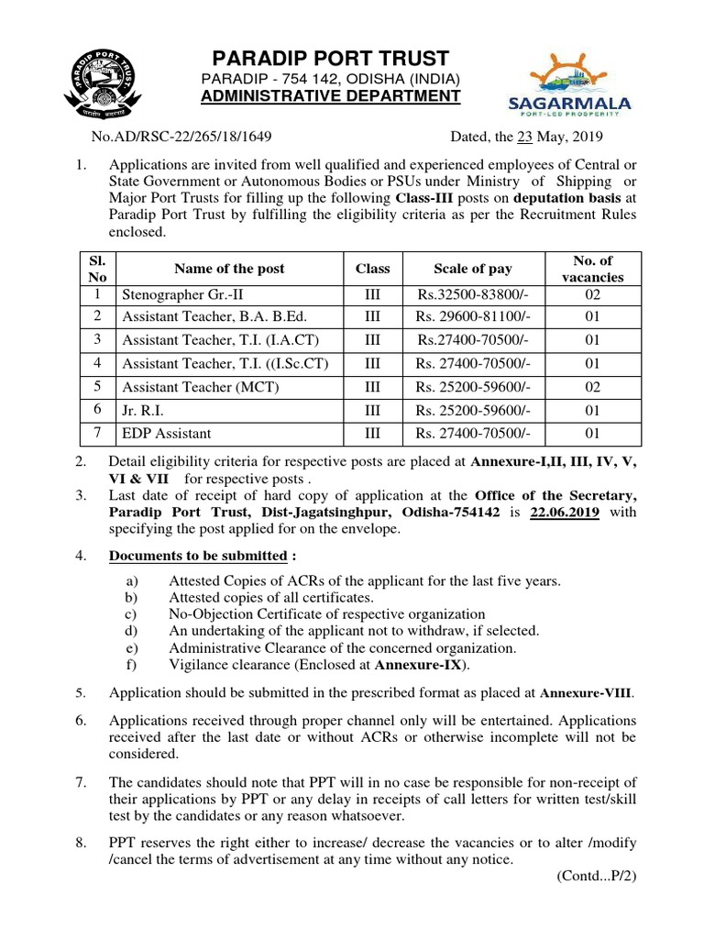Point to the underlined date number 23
click(x=524, y=138)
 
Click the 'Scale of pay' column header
click(x=473, y=269)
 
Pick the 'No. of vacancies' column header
click(x=593, y=269)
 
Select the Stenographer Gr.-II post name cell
click(x=176, y=295)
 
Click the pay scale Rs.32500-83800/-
click(x=473, y=295)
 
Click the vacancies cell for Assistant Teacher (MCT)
click(x=593, y=387)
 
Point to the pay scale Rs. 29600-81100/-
click(x=473, y=318)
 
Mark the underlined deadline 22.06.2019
click(x=565, y=513)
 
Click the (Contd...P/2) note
click(x=596, y=876)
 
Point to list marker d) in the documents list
click(x=131, y=631)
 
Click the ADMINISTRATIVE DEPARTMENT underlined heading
click(x=331, y=96)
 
